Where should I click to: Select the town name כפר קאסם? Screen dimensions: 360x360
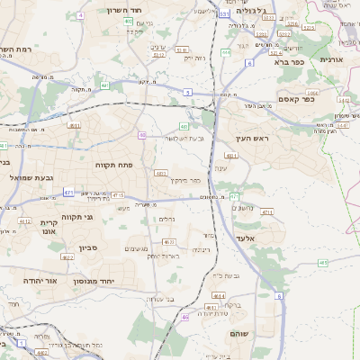click(296, 101)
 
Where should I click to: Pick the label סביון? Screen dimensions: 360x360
click(100, 246)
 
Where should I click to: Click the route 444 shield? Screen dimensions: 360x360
click(225, 53)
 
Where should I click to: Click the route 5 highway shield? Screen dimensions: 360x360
click(187, 92)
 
